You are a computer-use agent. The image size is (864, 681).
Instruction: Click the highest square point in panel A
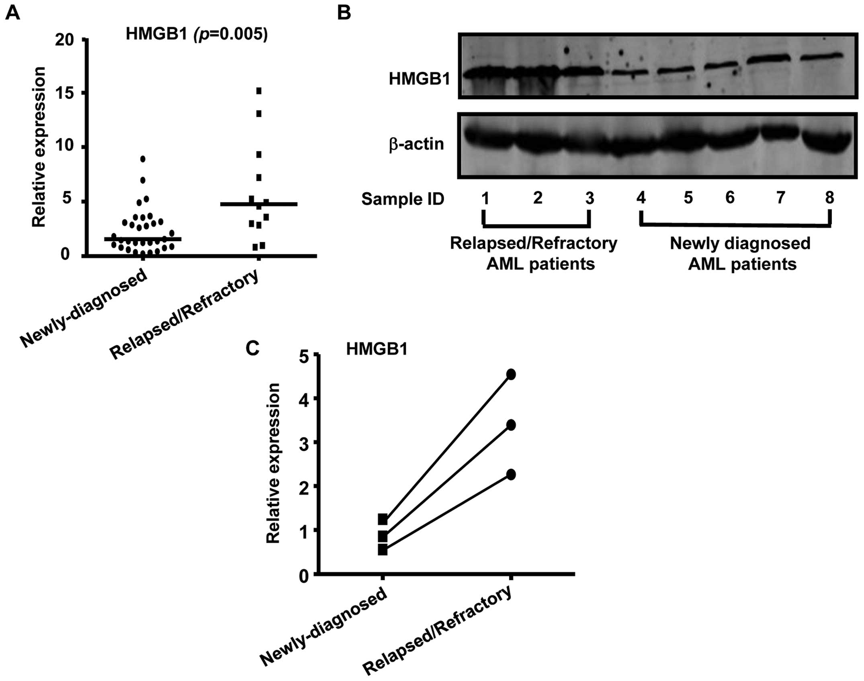tap(259, 91)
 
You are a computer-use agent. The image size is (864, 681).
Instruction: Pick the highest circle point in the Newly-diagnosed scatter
tap(143, 159)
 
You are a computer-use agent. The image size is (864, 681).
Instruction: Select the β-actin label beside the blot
tap(416, 144)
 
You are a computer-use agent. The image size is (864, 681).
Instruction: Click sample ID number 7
tap(780, 198)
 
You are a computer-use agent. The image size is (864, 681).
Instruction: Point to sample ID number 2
tap(537, 198)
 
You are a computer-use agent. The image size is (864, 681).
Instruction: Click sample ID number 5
tap(688, 198)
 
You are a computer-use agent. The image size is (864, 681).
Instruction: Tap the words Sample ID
tap(403, 199)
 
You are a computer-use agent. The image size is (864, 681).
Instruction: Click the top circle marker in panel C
tap(511, 374)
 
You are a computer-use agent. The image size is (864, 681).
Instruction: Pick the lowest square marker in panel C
tap(383, 550)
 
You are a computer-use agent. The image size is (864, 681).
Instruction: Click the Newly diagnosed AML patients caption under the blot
tap(740, 254)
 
